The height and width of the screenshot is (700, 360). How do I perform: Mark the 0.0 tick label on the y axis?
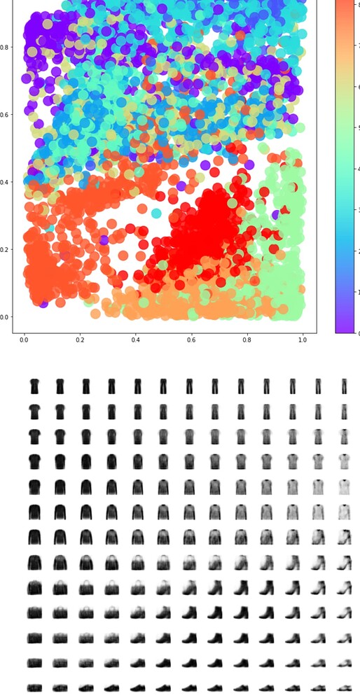[x=6, y=317]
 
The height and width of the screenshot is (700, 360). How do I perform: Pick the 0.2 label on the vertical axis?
[x=6, y=250]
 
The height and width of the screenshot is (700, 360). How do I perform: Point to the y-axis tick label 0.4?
[x=6, y=182]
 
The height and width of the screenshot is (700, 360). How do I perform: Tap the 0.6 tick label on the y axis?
[x=6, y=115]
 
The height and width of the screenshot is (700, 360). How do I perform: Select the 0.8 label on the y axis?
[x=6, y=48]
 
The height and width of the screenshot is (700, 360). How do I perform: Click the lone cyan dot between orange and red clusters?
[x=156, y=213]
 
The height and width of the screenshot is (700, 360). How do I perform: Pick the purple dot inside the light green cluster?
[x=277, y=214]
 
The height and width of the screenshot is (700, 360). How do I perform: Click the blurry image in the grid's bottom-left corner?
[x=34, y=687]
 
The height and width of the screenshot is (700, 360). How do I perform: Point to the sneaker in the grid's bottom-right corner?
[x=344, y=687]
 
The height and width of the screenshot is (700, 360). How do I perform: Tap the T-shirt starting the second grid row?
[x=34, y=412]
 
